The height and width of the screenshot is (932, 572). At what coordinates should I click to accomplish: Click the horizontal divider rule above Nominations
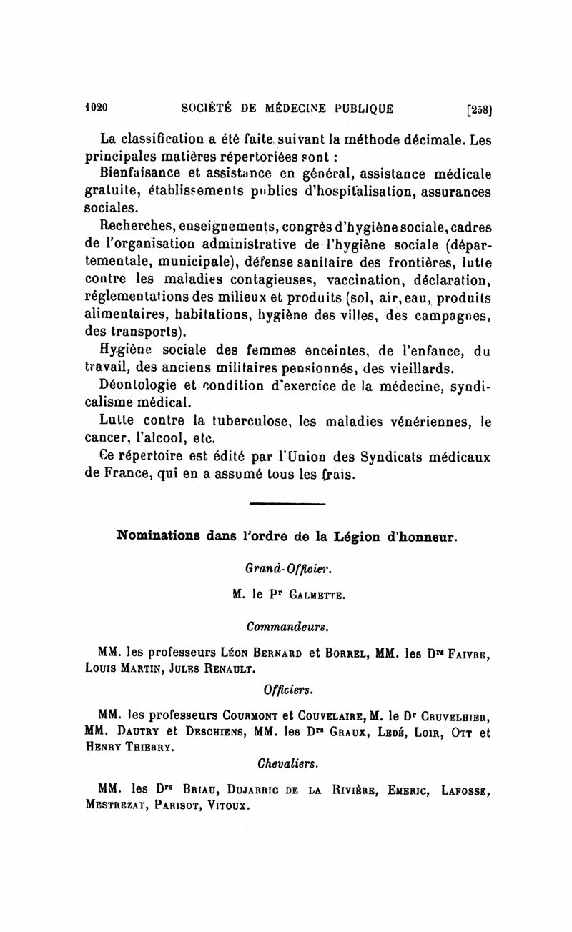point(287,505)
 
